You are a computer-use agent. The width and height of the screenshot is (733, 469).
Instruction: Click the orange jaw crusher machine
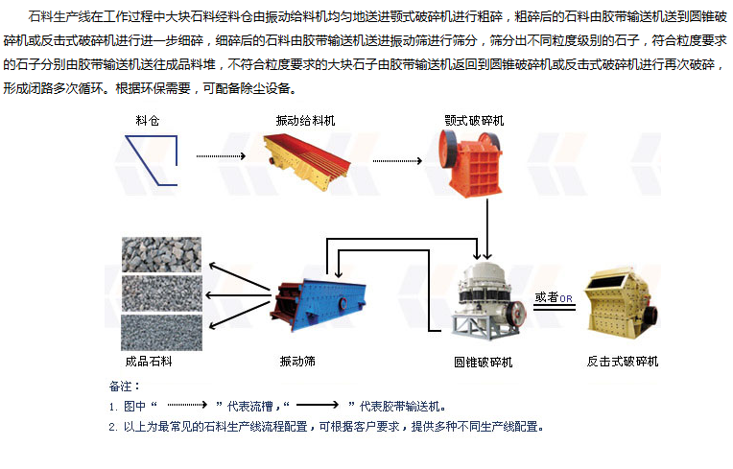pos(474,158)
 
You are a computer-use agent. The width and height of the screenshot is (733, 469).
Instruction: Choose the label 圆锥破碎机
pos(483,362)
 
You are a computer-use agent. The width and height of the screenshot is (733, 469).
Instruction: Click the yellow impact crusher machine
pos(623,307)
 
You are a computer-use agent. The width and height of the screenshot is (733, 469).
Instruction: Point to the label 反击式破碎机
pos(623,362)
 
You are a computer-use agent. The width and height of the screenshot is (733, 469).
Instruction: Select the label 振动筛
pos(297,362)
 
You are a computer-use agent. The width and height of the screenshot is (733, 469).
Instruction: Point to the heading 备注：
pos(125,387)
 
